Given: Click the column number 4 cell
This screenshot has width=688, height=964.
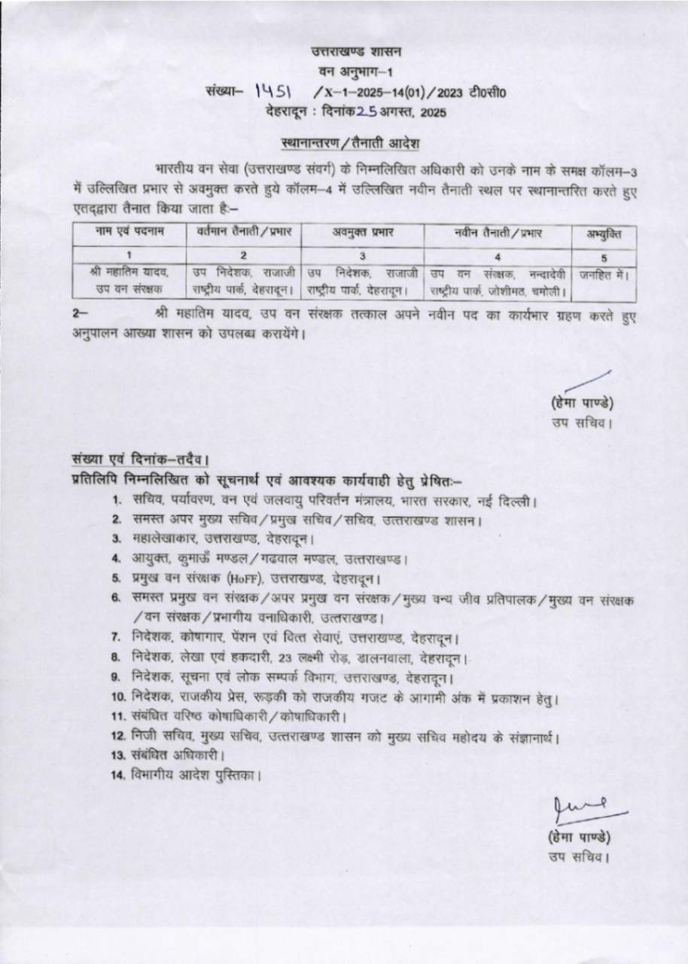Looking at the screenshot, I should (x=497, y=255).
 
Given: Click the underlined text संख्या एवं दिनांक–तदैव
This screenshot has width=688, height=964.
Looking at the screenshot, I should (x=140, y=458).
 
